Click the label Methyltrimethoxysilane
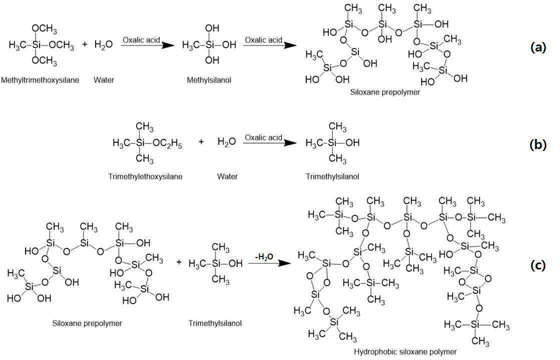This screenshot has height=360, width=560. tap(40, 80)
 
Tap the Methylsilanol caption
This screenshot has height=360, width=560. tap(209, 80)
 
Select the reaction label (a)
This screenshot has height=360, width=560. tap(538, 46)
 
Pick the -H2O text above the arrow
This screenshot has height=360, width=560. tap(264, 256)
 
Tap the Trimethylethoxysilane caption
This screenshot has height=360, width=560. tap(145, 176)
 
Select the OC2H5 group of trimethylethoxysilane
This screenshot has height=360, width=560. tap(167, 143)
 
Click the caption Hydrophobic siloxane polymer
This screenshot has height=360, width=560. tap(405, 352)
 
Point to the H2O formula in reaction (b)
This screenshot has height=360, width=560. tap(227, 141)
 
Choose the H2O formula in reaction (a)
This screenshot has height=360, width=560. tap(104, 44)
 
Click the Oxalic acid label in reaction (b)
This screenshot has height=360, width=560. tap(264, 137)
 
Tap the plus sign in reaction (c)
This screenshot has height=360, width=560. tap(179, 262)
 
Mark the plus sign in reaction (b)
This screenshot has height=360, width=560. tap(201, 142)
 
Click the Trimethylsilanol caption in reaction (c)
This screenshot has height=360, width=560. tap(215, 323)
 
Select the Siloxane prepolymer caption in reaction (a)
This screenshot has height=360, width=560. tap(385, 92)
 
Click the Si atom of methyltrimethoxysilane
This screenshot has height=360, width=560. tap(36, 44)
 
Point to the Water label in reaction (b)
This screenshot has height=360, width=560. tap(227, 176)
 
